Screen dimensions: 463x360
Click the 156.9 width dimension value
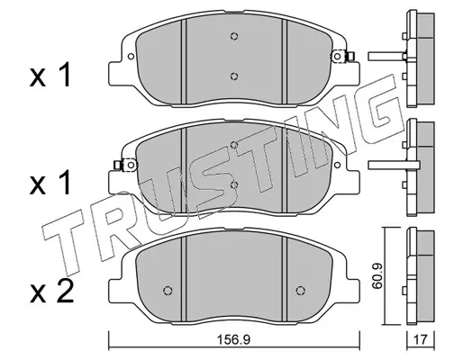[233, 340]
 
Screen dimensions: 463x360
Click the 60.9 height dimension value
[377, 276]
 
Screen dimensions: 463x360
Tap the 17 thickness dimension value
[420, 340]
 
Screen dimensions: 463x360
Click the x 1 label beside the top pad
[50, 75]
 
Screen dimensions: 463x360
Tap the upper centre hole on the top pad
[234, 36]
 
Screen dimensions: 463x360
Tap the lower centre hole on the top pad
[234, 76]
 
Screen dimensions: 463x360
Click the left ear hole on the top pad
[131, 57]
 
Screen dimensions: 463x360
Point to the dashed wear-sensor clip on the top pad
[342, 57]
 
